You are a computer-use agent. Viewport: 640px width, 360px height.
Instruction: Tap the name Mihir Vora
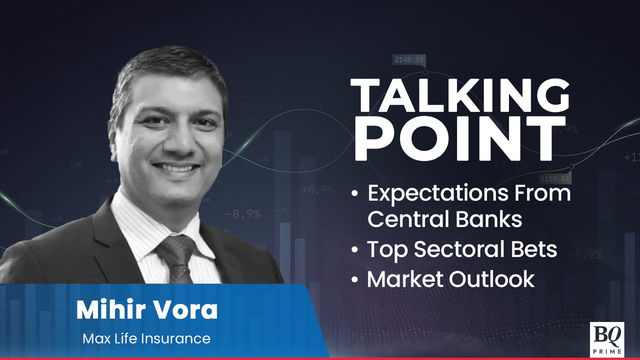click(147, 310)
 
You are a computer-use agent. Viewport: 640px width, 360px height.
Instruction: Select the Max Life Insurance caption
click(146, 338)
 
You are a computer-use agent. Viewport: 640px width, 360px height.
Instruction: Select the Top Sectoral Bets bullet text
click(462, 249)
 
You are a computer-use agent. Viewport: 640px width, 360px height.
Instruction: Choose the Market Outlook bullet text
click(451, 279)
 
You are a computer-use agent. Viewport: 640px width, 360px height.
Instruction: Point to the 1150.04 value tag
click(554, 178)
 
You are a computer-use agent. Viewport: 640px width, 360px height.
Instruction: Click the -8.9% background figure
click(243, 214)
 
